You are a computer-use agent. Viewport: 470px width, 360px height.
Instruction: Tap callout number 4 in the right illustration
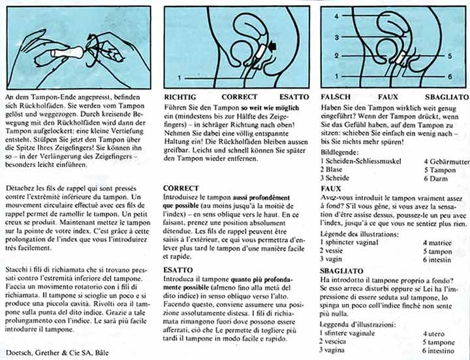pyautogui.click(x=336, y=14)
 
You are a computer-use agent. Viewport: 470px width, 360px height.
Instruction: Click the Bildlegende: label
pyautogui.click(x=341, y=151)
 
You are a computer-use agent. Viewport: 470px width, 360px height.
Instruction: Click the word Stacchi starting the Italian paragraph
pyautogui.click(x=18, y=269)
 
